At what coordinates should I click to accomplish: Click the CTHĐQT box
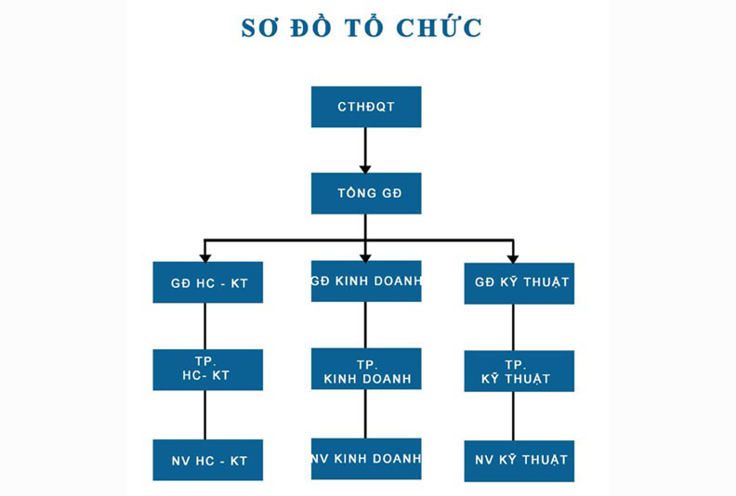point(365,107)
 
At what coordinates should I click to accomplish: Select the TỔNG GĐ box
point(365,193)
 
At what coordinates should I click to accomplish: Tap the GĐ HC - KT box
point(207,282)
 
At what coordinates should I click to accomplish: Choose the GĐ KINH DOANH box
point(365,281)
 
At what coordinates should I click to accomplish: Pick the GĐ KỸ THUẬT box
point(519,282)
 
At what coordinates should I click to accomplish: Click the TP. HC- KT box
point(207,369)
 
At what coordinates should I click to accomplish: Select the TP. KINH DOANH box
point(365,369)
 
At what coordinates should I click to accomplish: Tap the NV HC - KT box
point(207,460)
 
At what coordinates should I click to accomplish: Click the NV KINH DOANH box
point(365,458)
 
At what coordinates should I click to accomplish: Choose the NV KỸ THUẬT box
point(519,460)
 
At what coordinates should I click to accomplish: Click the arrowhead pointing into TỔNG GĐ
point(365,168)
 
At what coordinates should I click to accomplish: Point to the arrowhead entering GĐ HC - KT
point(204,257)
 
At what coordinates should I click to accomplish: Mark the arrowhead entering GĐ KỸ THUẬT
point(512,257)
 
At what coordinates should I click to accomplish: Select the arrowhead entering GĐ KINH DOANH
point(365,255)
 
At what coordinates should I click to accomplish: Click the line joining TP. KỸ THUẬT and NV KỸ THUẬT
point(513,416)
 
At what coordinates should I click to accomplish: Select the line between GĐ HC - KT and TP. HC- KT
point(204,325)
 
